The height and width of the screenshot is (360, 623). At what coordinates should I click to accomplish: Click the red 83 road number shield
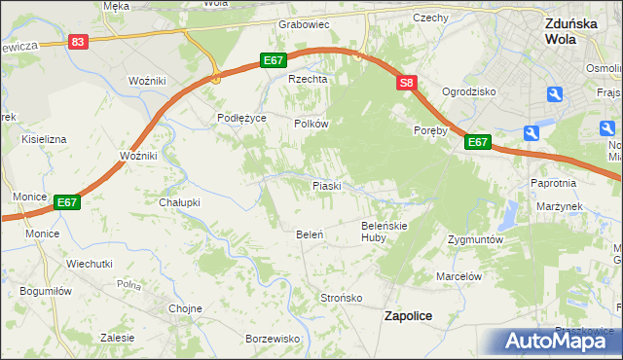tap(79, 42)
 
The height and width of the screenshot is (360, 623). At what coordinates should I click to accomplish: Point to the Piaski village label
tap(325, 185)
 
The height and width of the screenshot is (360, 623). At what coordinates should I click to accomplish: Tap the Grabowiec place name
tap(304, 23)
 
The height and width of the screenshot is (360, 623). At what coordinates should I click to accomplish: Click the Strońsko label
tap(342, 298)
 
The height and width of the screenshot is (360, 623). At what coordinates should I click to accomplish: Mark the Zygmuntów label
tap(475, 239)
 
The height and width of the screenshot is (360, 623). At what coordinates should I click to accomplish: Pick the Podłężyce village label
tap(241, 118)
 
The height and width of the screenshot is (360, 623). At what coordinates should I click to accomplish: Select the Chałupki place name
tap(179, 202)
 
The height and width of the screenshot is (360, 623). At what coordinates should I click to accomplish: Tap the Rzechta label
tap(305, 80)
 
